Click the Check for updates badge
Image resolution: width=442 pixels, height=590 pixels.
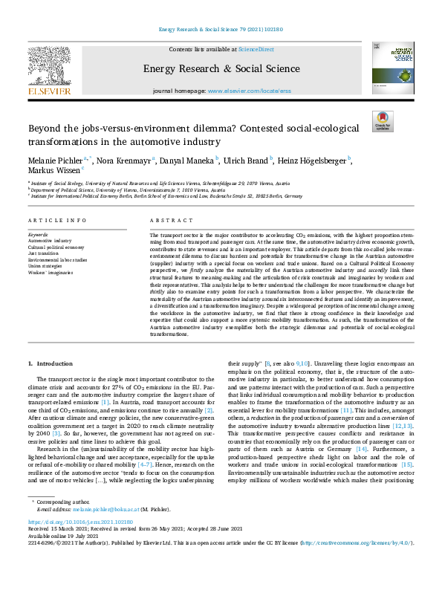(383, 122)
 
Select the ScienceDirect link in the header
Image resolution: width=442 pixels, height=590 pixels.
(255, 49)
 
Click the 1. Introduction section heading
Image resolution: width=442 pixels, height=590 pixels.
(51, 363)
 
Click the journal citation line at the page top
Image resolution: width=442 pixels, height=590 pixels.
(221, 30)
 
